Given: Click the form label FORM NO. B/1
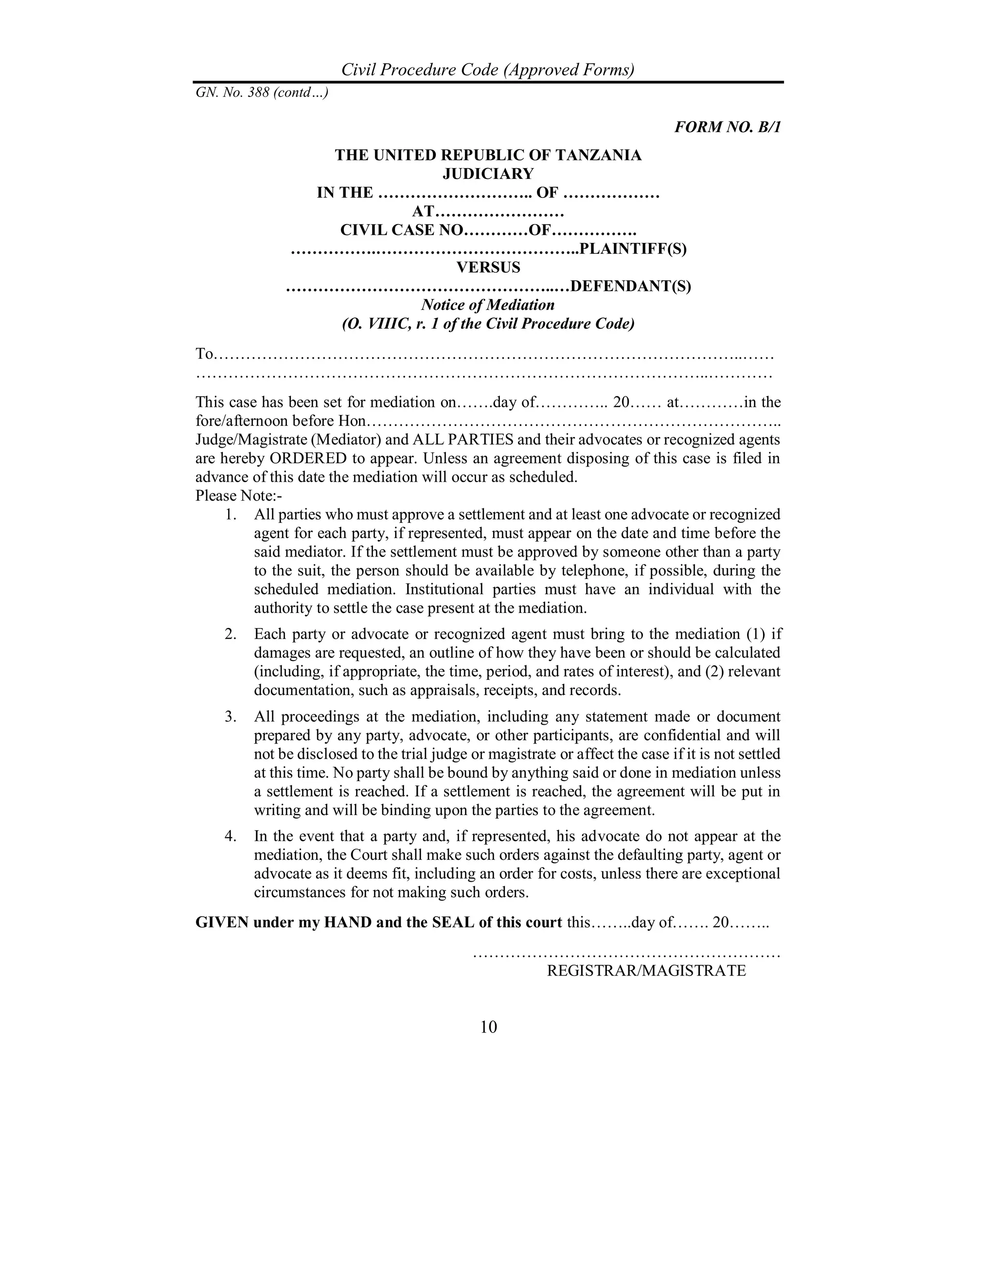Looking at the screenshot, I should [x=727, y=127].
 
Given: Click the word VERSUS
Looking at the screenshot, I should [x=489, y=267].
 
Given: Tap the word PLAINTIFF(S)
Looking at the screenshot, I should [x=633, y=248].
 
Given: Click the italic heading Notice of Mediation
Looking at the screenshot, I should [x=488, y=305].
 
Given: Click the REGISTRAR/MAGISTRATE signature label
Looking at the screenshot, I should [x=646, y=970].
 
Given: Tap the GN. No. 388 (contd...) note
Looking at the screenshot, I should [x=262, y=92].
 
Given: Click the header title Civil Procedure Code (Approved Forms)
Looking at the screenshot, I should [x=488, y=70].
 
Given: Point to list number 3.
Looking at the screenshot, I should [x=230, y=716].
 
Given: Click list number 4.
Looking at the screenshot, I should [x=230, y=835].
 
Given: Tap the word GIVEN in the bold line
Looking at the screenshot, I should [x=222, y=922].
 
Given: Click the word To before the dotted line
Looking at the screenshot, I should [x=204, y=354].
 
